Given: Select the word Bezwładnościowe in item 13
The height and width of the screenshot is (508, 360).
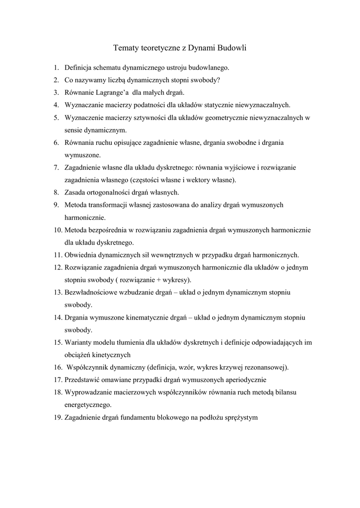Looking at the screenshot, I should tap(91, 293).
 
